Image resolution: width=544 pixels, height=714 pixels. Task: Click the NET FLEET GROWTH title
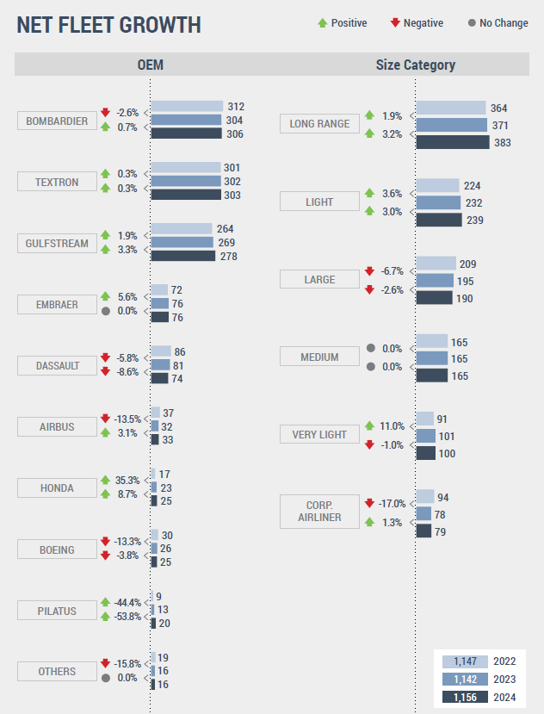[109, 25]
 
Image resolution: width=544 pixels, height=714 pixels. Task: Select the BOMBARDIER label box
[57, 121]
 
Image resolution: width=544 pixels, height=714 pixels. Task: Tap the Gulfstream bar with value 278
[182, 256]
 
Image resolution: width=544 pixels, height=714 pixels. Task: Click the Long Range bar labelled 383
[453, 142]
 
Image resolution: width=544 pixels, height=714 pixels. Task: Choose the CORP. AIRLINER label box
[319, 511]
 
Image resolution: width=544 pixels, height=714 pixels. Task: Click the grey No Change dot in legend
[472, 23]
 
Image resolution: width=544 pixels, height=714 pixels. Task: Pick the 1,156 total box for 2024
[464, 697]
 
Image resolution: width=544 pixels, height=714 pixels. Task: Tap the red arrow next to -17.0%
[369, 503]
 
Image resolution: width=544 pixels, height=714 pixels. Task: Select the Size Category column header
[416, 65]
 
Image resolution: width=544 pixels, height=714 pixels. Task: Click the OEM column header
[150, 65]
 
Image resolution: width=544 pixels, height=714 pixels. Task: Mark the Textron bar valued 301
[186, 167]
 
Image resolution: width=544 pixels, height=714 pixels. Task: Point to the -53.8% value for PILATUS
[127, 617]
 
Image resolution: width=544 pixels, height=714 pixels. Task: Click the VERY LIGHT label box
[319, 434]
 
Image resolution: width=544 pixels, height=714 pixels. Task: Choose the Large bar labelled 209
[436, 264]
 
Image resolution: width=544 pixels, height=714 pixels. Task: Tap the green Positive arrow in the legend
[322, 23]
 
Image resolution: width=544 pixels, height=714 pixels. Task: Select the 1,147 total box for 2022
[464, 661]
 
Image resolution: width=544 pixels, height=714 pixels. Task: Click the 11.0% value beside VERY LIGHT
[392, 426]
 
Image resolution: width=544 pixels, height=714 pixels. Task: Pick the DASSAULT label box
[57, 365]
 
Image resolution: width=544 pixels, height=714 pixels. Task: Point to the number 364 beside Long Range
[498, 109]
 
